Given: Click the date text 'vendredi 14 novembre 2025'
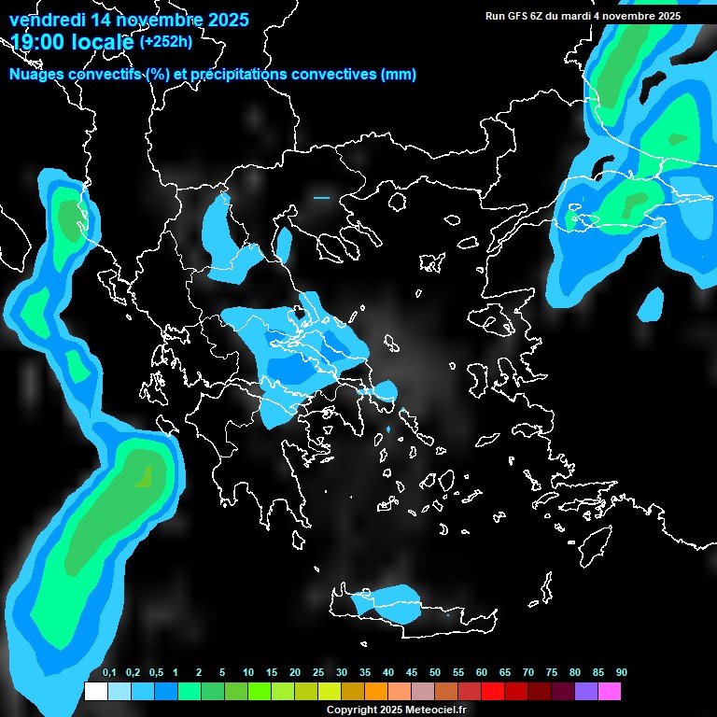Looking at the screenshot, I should (129, 20).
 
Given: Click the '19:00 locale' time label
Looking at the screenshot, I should (71, 41).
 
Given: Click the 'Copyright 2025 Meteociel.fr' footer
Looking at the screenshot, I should (395, 710).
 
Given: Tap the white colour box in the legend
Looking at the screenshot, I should (95, 691).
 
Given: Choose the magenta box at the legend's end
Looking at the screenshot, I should (610, 691).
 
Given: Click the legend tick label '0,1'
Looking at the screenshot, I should (109, 673).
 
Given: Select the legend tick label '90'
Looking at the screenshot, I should (622, 673).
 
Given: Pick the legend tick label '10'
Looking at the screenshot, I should (248, 673).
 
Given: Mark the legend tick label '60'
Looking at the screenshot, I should (482, 673).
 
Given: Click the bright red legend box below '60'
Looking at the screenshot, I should (493, 691).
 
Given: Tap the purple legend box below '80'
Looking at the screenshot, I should (586, 691).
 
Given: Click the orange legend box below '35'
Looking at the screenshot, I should (376, 691).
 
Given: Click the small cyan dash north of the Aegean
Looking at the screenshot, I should (321, 198).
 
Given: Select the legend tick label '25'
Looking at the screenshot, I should (318, 673).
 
